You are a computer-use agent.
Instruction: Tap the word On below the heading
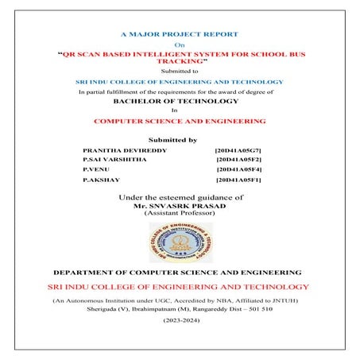[x=179, y=46]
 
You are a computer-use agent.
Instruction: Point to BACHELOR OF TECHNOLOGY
[x=179, y=102]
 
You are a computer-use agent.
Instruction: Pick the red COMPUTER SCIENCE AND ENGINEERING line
[x=180, y=122]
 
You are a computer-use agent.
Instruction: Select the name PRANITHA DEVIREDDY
[x=116, y=149]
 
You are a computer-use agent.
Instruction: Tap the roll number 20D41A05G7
[x=238, y=149]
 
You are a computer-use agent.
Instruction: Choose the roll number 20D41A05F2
[x=239, y=160]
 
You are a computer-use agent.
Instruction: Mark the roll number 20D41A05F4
[x=239, y=170]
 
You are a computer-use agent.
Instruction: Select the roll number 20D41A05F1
[x=239, y=181]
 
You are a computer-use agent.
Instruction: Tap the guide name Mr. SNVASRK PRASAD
[x=180, y=205]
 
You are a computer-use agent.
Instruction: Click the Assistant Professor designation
[x=180, y=213]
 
